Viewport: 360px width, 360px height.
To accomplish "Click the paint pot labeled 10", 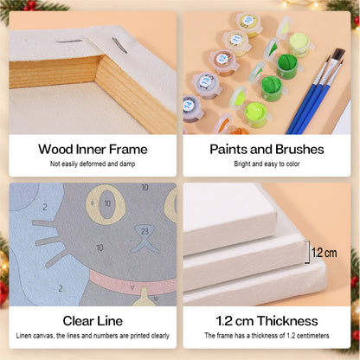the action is (x=248, y=23).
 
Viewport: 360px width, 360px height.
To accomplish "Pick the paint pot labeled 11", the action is (x=236, y=42).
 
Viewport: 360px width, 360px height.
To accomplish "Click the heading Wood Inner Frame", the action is (x=93, y=150).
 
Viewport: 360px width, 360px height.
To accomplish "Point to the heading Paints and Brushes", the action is (x=267, y=150).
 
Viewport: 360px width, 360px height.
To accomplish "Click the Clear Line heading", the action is (x=93, y=321).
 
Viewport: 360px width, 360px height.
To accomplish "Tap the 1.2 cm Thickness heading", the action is (x=267, y=321).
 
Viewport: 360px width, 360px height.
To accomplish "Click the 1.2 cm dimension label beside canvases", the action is (x=325, y=253).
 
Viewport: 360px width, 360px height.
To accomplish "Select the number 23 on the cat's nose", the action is (x=145, y=231).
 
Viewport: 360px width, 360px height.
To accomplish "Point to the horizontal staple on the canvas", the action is (x=69, y=42).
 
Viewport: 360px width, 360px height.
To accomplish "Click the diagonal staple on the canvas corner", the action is (x=119, y=45).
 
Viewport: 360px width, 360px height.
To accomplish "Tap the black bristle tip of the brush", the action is (x=338, y=55).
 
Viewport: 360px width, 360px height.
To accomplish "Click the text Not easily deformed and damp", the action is (x=93, y=164).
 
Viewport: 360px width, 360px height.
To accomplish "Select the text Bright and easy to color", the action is (x=267, y=164).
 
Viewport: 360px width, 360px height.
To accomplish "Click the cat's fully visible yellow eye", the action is (x=106, y=204).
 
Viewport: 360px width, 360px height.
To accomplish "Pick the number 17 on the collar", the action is (x=132, y=288).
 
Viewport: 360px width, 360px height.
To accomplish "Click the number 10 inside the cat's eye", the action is (x=107, y=203).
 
